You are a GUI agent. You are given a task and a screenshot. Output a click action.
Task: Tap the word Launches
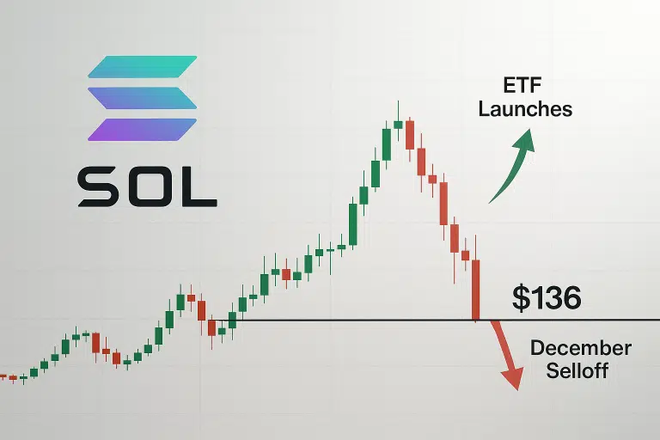pyautogui.click(x=525, y=109)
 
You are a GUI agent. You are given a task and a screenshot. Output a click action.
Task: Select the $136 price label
pyautogui.click(x=547, y=297)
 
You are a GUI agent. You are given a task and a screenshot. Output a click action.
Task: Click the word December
pyautogui.click(x=581, y=349)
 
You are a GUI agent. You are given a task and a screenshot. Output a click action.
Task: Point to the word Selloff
pyautogui.click(x=577, y=371)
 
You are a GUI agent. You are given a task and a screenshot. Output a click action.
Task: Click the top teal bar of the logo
pyautogui.click(x=143, y=68)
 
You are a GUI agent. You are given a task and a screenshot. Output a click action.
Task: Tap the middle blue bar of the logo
pyautogui.click(x=143, y=97)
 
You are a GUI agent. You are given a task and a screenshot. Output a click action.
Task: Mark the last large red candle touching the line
pyautogui.click(x=475, y=289)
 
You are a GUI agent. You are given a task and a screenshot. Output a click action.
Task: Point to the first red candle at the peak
pyautogui.click(x=410, y=135)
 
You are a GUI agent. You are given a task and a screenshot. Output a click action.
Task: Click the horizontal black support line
pyautogui.click(x=344, y=321)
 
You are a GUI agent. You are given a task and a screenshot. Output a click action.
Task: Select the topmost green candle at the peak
pyautogui.click(x=398, y=124)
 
